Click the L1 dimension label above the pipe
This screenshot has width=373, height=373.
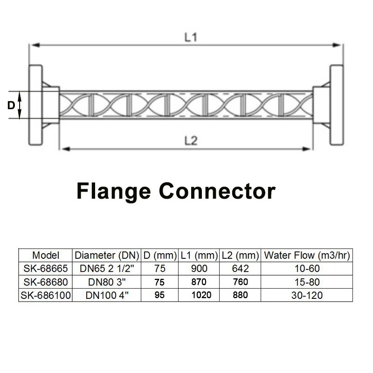click(x=191, y=38)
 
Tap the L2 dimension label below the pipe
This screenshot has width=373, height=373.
click(x=191, y=141)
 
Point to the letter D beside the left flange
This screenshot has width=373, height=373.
click(x=11, y=105)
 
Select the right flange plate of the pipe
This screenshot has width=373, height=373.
click(x=337, y=105)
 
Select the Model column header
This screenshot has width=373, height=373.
click(x=46, y=255)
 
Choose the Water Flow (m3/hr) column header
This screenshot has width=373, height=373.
click(x=306, y=255)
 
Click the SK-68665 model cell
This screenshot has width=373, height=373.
click(x=46, y=269)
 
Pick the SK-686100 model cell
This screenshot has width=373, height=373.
click(x=46, y=295)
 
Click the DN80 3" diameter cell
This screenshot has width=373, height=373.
click(x=107, y=282)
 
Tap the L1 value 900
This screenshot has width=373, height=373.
click(x=199, y=269)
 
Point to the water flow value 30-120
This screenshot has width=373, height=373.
click(x=306, y=295)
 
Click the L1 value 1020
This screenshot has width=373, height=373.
click(x=199, y=295)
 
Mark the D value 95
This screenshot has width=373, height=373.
click(x=159, y=295)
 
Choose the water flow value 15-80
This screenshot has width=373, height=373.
click(x=306, y=282)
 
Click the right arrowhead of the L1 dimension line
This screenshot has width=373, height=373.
click(x=339, y=45)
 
